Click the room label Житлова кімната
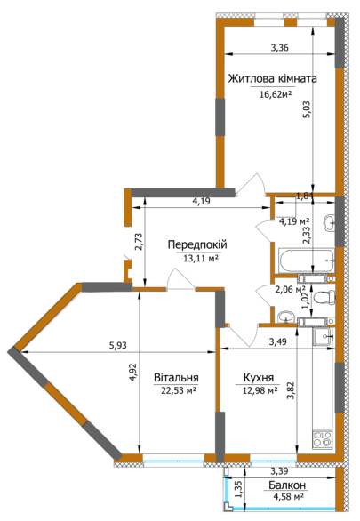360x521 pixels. pyautogui.click(x=272, y=78)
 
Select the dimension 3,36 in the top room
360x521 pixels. pyautogui.click(x=279, y=48)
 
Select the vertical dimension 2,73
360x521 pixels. pyautogui.click(x=138, y=241)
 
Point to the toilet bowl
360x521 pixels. pyautogui.click(x=324, y=297)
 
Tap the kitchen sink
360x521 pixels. pyautogui.click(x=325, y=336)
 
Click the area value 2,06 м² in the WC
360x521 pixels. pyautogui.click(x=290, y=289)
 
